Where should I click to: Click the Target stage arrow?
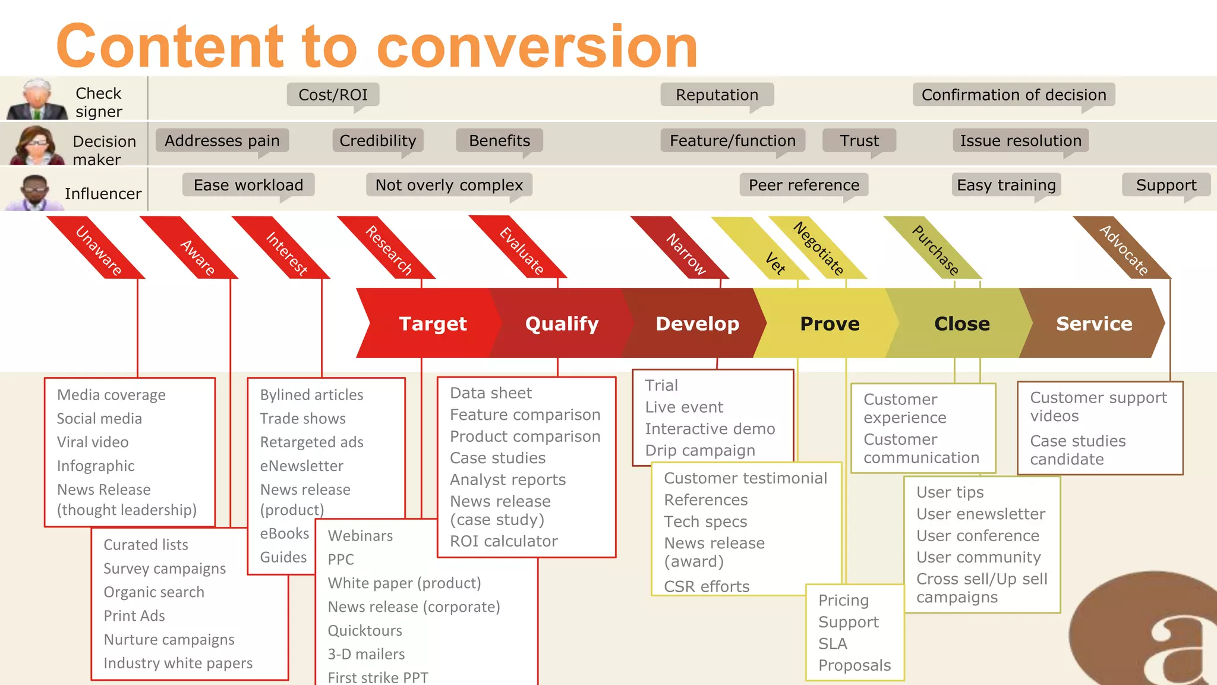(432, 323)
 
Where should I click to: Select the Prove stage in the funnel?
(830, 323)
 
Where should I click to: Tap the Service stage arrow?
(1093, 323)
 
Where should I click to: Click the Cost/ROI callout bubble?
(333, 95)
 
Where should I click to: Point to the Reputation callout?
(717, 95)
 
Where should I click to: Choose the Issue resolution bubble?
(1020, 140)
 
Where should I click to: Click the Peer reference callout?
(803, 185)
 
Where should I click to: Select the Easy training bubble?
(1006, 185)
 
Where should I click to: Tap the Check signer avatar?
(37, 100)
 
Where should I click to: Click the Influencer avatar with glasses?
(34, 192)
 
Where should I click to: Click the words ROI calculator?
(503, 541)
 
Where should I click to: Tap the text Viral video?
(93, 442)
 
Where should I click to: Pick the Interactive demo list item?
(710, 429)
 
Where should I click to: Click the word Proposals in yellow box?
(855, 665)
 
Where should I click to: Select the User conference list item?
(978, 536)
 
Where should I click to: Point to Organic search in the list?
(154, 592)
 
